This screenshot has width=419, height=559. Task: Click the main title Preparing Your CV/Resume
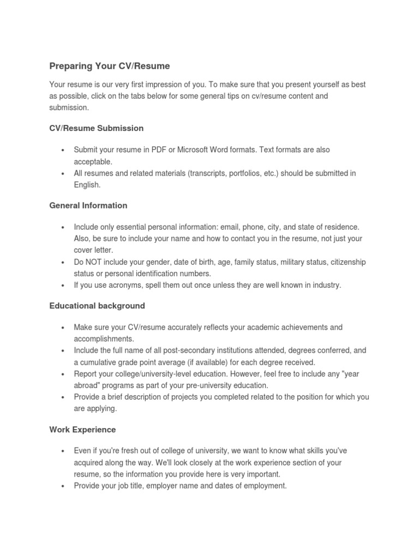tap(110, 66)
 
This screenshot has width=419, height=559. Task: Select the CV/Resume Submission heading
tap(97, 128)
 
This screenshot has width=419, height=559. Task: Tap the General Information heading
tap(88, 206)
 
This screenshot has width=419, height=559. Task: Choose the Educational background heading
tap(97, 306)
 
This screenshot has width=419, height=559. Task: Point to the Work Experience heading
tap(82, 430)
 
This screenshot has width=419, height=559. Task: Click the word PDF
tap(179, 150)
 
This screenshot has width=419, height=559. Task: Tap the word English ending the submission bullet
tap(87, 185)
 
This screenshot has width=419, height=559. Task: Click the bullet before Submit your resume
tap(64, 150)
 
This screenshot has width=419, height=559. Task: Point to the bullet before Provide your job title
tap(64, 486)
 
